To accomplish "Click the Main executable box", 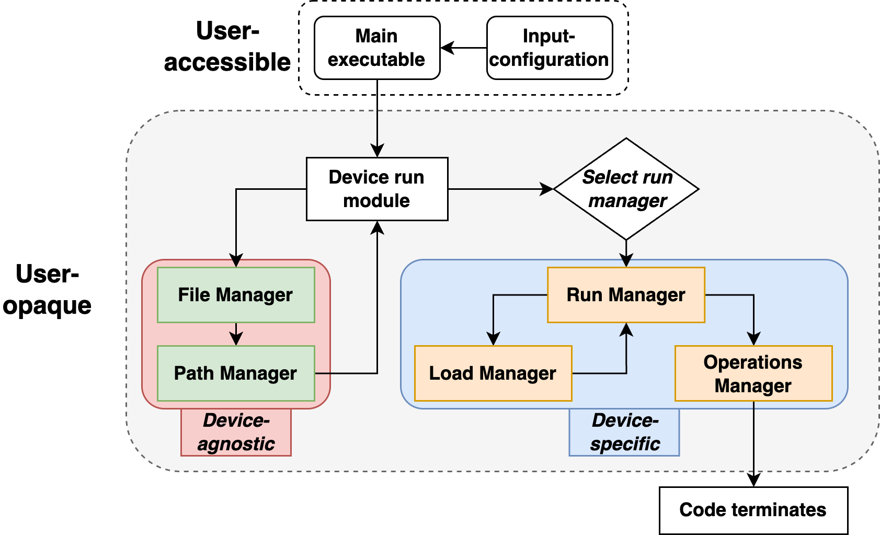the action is coord(377,48).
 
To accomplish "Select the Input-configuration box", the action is coord(550,48).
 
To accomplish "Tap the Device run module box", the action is coord(377,189).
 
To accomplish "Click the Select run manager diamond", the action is coord(626,189).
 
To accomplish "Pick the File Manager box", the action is coord(236,295).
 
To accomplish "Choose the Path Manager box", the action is coord(236,373).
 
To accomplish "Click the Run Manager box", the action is coord(626,295).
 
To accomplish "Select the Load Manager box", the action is coord(493,373).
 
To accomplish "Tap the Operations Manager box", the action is coord(753,373).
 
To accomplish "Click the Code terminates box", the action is coord(753,510).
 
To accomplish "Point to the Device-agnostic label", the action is coord(236,432).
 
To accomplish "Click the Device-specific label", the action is coord(624,432).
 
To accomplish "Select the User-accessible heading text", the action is coord(227,47).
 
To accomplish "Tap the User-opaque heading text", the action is coord(47,290).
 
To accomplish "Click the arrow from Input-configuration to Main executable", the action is coord(464,48).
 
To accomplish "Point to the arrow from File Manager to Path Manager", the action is coord(236,334).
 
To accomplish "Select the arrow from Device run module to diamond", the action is coord(501,189).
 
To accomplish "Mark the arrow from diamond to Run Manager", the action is coord(626,254).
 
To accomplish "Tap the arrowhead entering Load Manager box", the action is coord(493,338).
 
